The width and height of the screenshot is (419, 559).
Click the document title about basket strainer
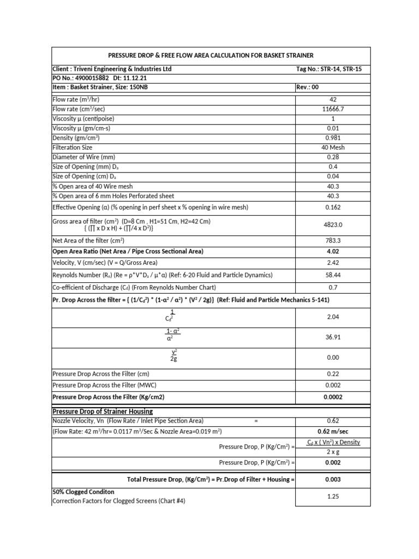(x=211, y=56)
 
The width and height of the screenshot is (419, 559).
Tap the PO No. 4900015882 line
(x=96, y=78)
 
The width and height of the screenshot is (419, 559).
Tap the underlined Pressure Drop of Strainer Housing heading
(x=103, y=411)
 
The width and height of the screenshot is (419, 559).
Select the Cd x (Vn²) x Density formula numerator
(x=333, y=442)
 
